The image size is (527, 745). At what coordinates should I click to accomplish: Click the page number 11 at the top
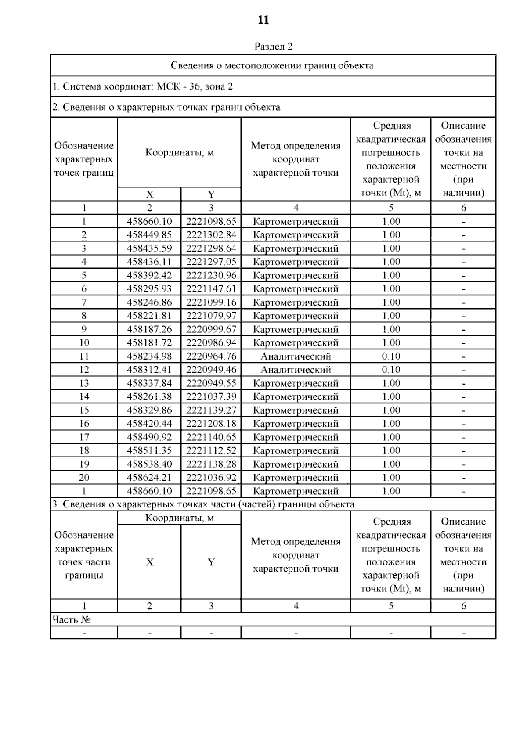[x=263, y=20]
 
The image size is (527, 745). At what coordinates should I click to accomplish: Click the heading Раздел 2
[x=273, y=47]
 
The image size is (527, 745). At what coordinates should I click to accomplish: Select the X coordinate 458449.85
[x=149, y=235]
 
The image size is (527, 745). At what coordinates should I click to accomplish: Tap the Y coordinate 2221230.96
[x=211, y=275]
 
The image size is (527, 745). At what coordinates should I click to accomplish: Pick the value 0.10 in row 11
[x=390, y=356]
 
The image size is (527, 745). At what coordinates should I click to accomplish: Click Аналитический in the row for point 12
[x=296, y=370]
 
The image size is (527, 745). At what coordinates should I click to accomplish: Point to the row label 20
[x=84, y=478]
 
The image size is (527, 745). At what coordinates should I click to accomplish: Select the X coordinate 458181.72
[x=149, y=343]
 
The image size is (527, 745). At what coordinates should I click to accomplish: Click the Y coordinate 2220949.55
[x=211, y=383]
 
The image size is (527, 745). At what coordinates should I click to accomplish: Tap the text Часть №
[x=71, y=620]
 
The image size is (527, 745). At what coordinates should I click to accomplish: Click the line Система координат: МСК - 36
[x=142, y=86]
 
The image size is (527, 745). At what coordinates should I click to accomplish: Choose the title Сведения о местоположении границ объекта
[x=272, y=66]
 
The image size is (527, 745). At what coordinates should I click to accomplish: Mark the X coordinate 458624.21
[x=149, y=478]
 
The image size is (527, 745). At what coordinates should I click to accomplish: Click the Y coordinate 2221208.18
[x=211, y=424]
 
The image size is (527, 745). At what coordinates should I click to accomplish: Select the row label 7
[x=84, y=302]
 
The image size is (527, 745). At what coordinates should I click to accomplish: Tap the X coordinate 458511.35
[x=149, y=451]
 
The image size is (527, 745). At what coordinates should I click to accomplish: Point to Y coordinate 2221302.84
[x=211, y=235]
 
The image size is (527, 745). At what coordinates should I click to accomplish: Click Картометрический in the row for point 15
[x=296, y=410]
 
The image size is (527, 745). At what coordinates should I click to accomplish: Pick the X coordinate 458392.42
[x=149, y=275]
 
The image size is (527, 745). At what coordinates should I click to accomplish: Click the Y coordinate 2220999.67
[x=211, y=329]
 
